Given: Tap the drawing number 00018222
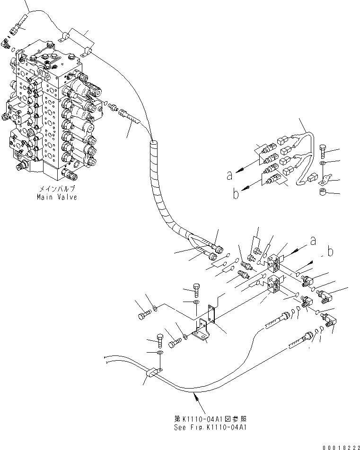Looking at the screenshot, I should point(339,446).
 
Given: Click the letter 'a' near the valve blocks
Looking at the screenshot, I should point(313,241).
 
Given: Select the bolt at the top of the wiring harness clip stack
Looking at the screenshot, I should point(323,151).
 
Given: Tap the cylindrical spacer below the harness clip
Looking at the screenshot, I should point(323,192).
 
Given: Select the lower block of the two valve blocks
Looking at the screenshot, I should point(274,285).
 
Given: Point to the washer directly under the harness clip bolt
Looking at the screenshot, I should point(323,163).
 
